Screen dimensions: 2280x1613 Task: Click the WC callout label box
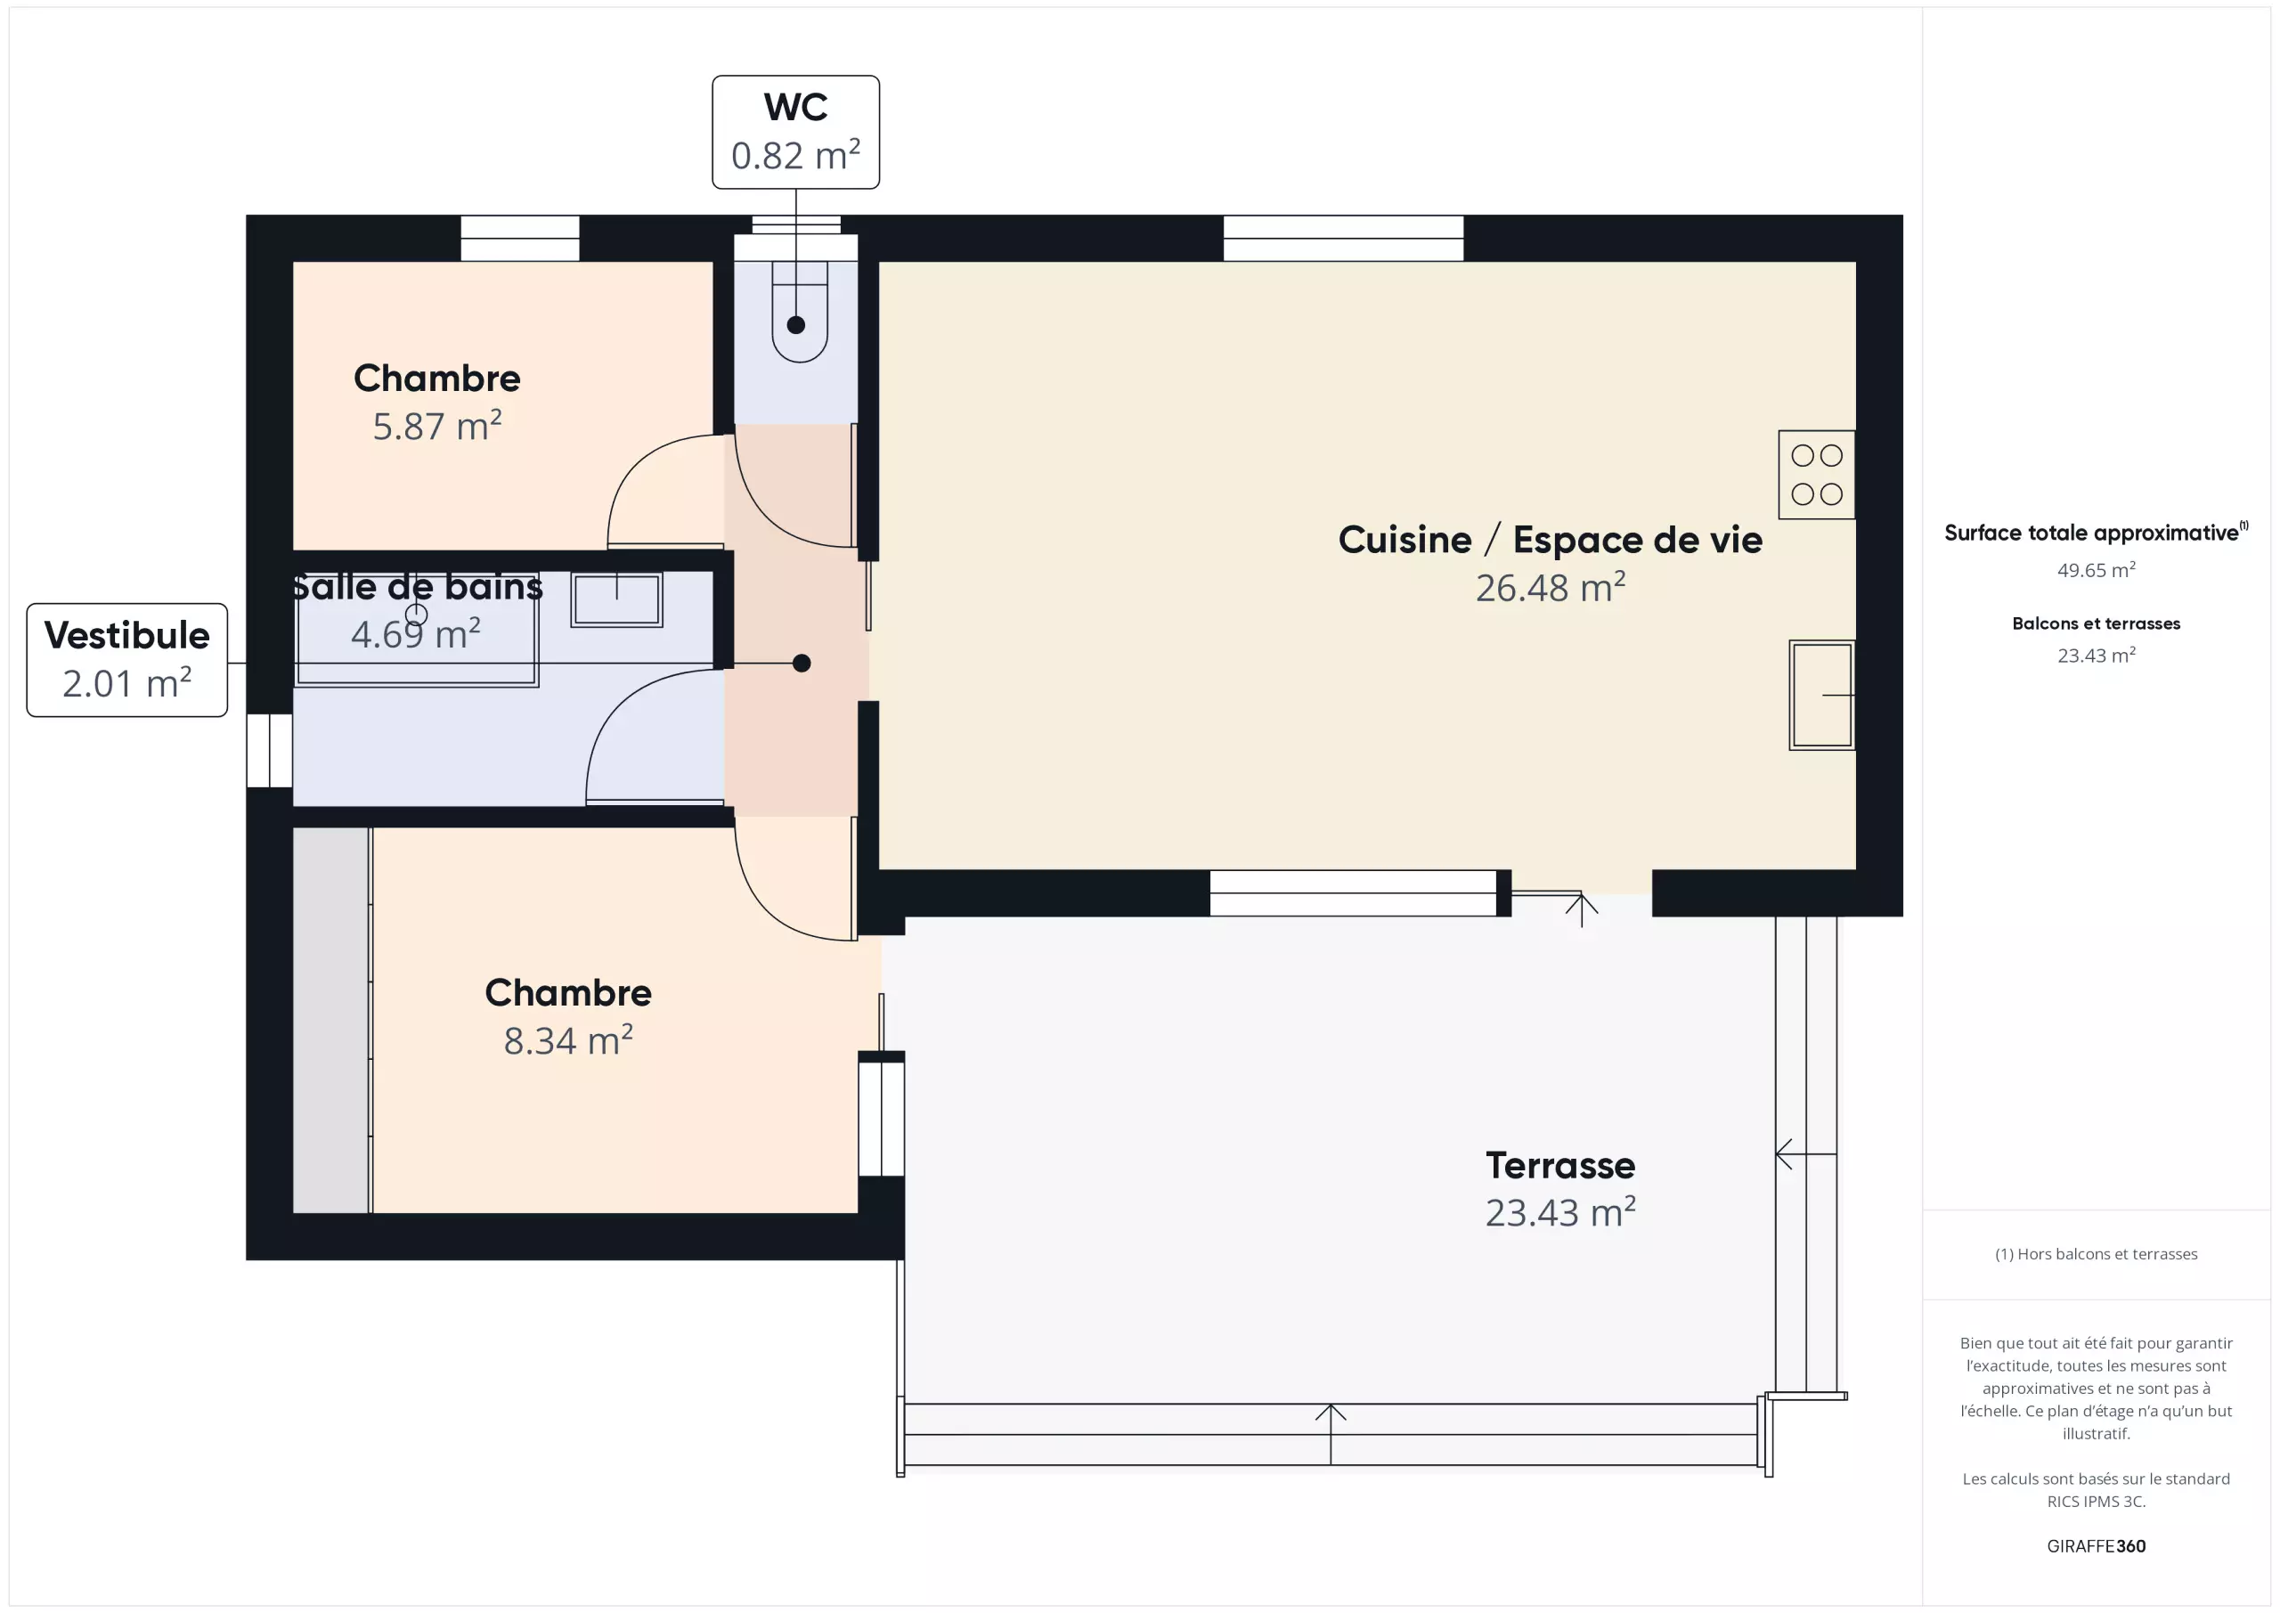[795, 132]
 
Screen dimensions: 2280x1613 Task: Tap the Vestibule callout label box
[127, 659]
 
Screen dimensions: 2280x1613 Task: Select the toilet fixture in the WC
[800, 310]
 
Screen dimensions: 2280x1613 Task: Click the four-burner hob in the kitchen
[1816, 475]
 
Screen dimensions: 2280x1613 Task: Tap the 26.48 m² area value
[1550, 588]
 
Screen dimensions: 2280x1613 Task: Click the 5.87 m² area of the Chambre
[437, 426]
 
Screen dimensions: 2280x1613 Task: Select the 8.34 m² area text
[568, 1041]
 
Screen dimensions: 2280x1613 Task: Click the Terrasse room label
[1560, 1165]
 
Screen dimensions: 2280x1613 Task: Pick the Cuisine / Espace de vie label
[1550, 540]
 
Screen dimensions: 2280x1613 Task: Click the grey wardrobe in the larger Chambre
[331, 1020]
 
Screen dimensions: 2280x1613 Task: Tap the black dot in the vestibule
[802, 664]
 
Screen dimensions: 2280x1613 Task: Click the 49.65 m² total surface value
[2097, 570]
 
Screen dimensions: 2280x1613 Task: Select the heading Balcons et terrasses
[2097, 623]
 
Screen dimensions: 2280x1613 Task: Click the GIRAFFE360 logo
[2097, 1545]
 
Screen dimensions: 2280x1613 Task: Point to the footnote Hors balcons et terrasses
[2097, 1253]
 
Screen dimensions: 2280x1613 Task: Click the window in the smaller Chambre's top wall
[519, 239]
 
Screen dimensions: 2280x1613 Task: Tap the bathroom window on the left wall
[269, 751]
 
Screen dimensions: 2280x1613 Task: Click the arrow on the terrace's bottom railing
[1331, 1434]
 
